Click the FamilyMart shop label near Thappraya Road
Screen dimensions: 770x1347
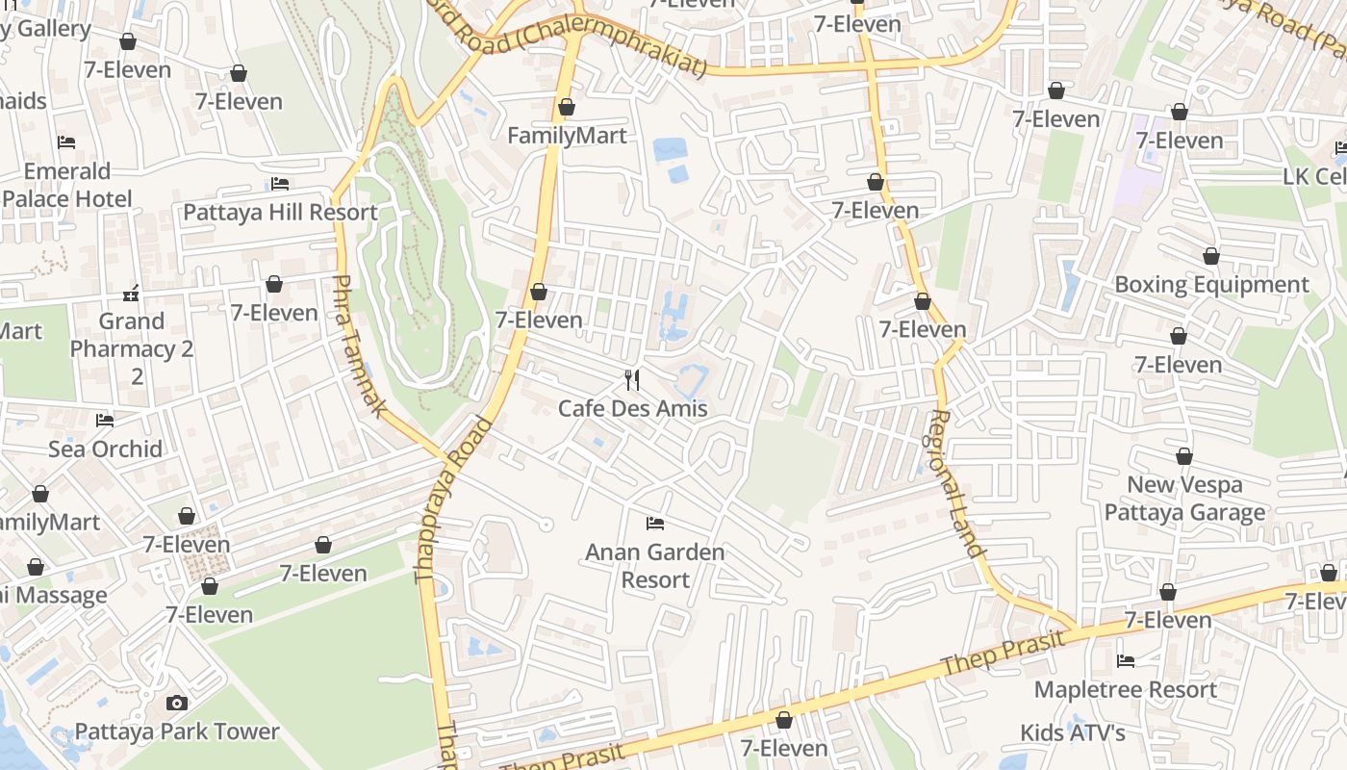[x=567, y=136]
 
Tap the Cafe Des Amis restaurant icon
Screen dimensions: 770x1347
[x=632, y=379]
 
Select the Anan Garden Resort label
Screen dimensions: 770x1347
[x=654, y=566]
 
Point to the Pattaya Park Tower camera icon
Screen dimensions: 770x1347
[x=176, y=703]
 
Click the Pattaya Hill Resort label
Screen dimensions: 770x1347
[x=280, y=212]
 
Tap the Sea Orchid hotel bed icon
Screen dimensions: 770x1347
[x=105, y=421]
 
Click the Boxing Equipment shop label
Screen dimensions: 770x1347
[x=1211, y=285]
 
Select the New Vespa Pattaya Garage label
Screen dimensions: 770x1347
[x=1184, y=499]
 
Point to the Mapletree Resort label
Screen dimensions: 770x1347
[x=1125, y=690]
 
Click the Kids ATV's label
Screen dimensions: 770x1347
[x=1073, y=733]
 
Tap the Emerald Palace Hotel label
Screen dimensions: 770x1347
[x=67, y=185]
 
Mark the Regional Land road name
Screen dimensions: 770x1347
[x=956, y=484]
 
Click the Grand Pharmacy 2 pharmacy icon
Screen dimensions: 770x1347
[x=132, y=293]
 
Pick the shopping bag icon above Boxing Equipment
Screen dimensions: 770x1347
[x=1211, y=256]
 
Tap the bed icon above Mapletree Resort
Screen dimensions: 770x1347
[x=1125, y=661]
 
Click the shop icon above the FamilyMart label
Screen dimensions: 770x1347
[x=567, y=107]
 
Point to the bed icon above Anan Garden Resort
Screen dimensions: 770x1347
[x=654, y=524]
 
